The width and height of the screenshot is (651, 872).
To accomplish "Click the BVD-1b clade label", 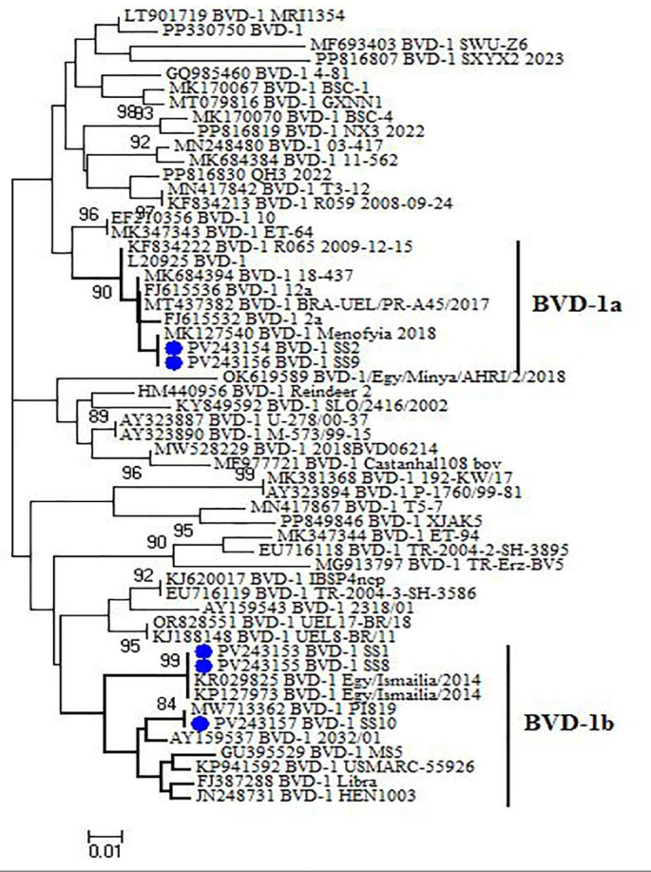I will [576, 722].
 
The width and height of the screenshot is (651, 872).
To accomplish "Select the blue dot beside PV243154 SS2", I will [173, 349].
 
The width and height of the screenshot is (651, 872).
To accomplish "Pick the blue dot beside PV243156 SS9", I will [173, 362].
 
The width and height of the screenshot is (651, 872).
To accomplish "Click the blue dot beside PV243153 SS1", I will [202, 650].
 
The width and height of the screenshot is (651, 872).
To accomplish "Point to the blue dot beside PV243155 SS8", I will [202, 665].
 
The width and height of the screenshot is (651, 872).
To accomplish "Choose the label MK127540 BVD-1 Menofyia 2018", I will [272, 334].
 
